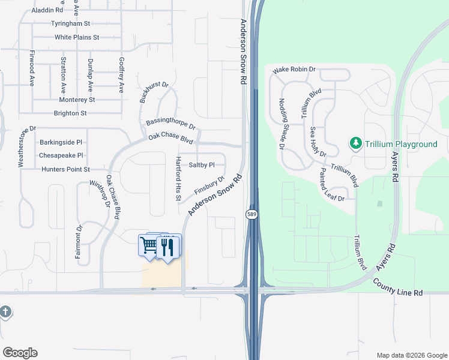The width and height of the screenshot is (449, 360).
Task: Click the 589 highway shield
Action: (x=252, y=214)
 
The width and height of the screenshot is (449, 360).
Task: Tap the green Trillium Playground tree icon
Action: (x=355, y=143)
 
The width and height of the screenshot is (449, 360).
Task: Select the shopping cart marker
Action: (x=148, y=245)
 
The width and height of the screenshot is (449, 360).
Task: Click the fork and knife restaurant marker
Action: (x=167, y=246)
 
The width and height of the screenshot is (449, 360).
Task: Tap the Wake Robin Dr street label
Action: (x=294, y=70)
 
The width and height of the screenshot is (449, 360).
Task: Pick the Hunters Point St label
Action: (x=65, y=170)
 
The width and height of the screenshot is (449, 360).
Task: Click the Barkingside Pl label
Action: (x=65, y=143)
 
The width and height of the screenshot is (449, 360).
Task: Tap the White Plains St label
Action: (x=76, y=37)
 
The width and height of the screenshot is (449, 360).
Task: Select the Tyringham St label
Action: (x=70, y=23)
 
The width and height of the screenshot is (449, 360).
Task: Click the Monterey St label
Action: (x=74, y=100)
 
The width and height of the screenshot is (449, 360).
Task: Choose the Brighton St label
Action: (x=70, y=113)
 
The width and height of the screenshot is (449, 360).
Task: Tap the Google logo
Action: (x=20, y=353)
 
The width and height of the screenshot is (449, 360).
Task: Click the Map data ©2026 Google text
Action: (x=411, y=355)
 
